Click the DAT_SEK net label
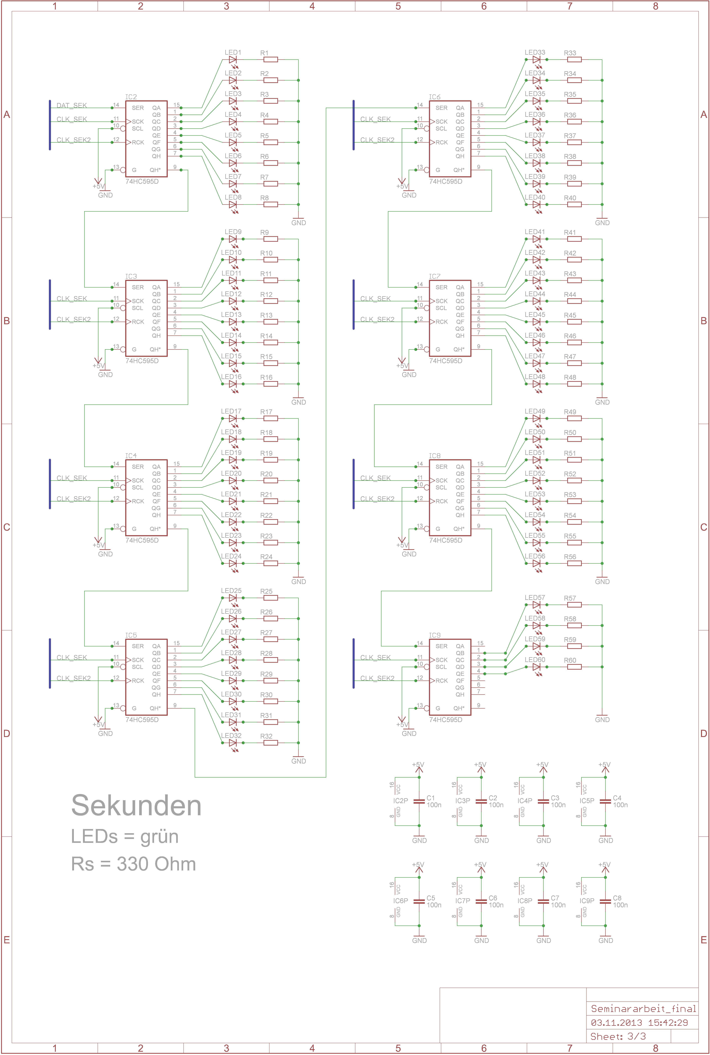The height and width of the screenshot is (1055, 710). tap(72, 105)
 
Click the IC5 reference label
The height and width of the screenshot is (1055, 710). tap(131, 635)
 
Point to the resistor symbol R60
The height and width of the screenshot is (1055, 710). tap(574, 667)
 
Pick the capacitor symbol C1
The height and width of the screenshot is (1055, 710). tap(419, 801)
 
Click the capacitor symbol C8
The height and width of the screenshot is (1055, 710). tap(605, 901)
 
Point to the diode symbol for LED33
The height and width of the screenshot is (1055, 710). tap(537, 59)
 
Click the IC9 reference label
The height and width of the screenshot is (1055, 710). tap(435, 635)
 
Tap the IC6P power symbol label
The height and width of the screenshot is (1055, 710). tap(400, 901)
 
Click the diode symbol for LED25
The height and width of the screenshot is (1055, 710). tap(233, 598)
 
